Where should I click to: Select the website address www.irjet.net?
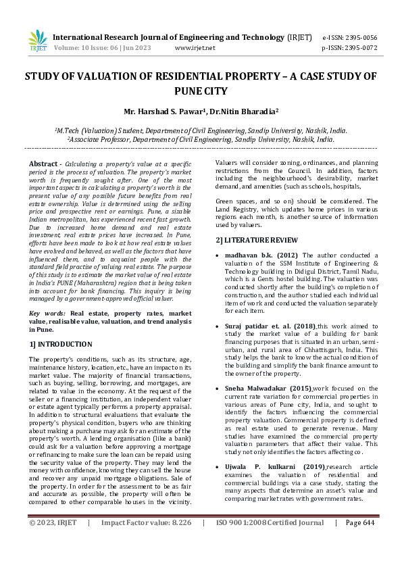pyautogui.click(x=195, y=48)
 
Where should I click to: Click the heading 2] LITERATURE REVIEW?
pyautogui.click(x=256, y=241)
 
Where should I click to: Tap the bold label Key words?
pyautogui.click(x=48, y=314)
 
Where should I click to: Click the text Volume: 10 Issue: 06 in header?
pyautogui.click(x=89, y=48)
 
